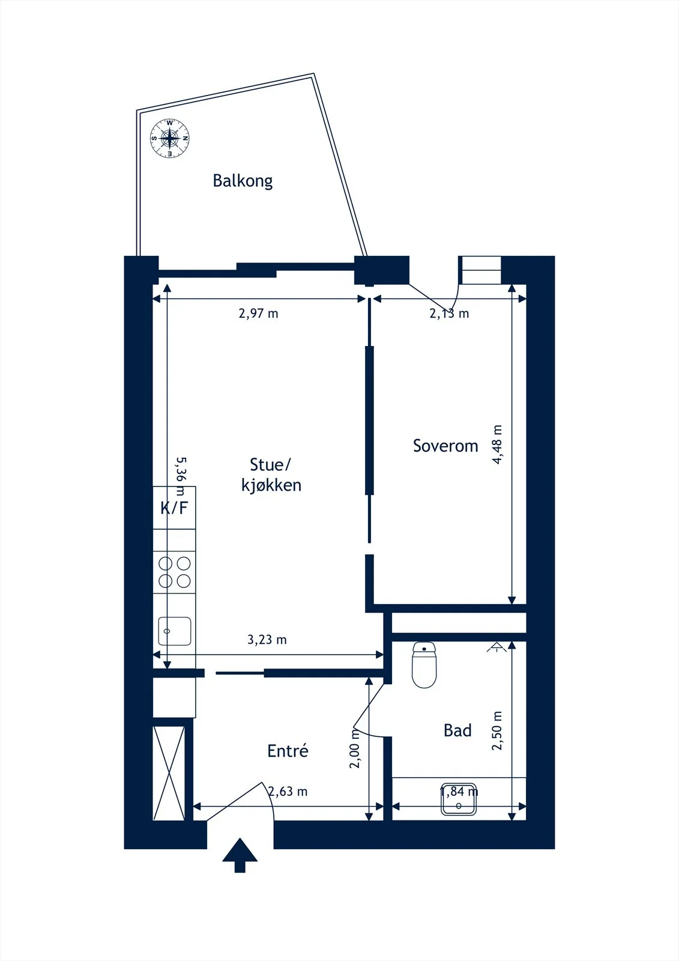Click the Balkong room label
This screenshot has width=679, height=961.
(243, 181)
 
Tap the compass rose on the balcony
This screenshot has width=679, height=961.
(170, 138)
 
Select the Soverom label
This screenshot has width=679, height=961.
(445, 446)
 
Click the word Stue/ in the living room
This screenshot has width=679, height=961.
(270, 465)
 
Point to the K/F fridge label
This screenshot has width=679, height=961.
(174, 508)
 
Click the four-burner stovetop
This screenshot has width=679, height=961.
(175, 572)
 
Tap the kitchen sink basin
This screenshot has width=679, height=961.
(175, 631)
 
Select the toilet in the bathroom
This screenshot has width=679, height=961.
(424, 664)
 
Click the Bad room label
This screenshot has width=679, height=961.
(457, 730)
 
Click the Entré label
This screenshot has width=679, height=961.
(288, 751)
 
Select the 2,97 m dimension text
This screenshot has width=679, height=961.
(258, 313)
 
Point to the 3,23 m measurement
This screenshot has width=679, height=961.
(267, 640)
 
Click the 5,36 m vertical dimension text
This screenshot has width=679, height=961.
(181, 476)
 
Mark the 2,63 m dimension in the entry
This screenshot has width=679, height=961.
(288, 792)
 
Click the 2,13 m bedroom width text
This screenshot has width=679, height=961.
(449, 314)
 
